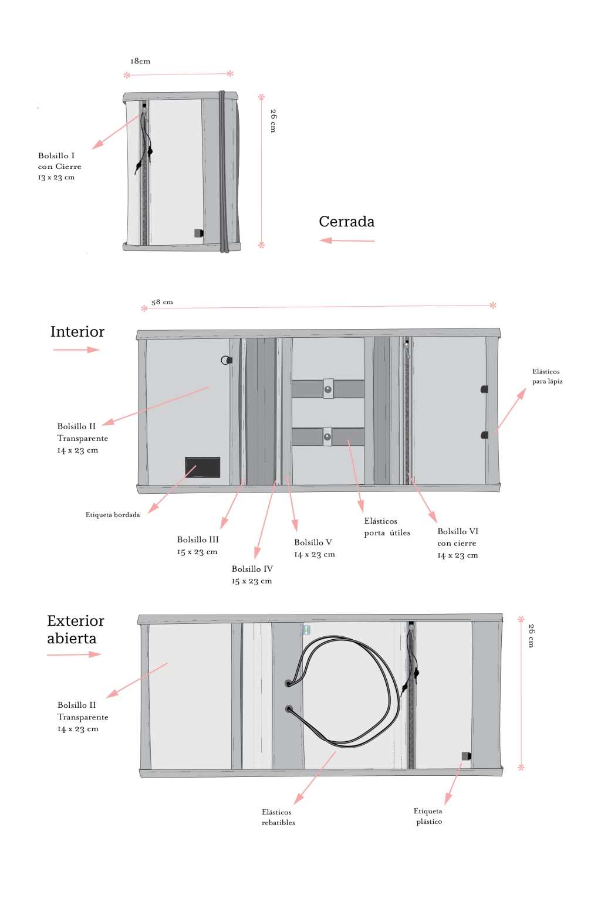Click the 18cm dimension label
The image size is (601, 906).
pos(140,61)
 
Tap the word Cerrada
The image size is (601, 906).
pos(346,222)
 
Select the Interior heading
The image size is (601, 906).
pos(77,332)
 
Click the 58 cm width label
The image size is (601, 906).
pos(162,302)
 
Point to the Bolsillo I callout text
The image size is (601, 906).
pos(59,166)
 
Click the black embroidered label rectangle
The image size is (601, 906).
pos(202,467)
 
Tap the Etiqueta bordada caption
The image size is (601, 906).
pos(113,515)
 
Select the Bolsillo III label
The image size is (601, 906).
pos(198,545)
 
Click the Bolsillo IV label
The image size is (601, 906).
pos(252,575)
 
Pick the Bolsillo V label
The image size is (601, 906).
pos(314,548)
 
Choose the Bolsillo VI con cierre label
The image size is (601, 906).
pos(458,543)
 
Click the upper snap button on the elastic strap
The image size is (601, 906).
pos(328,389)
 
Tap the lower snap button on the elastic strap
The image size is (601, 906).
pos(327,437)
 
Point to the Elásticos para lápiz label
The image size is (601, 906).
pos(547,376)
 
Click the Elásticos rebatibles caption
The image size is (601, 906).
pos(278,817)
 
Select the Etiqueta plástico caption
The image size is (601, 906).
pos(428,816)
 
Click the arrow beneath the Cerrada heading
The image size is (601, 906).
pos(347,240)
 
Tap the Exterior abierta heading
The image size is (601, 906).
pos(75,629)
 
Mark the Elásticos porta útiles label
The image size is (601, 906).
pos(387,527)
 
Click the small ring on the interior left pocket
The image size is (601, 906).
pos(225,360)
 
